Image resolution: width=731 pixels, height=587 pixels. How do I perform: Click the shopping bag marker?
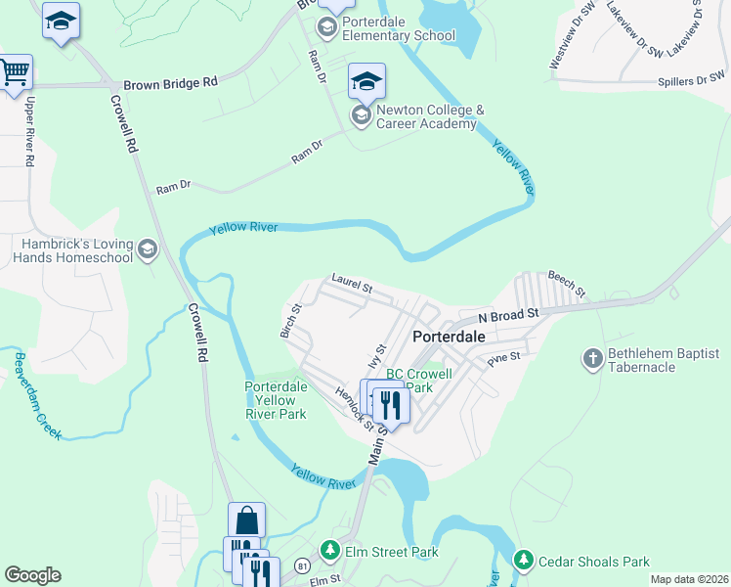(x=246, y=519)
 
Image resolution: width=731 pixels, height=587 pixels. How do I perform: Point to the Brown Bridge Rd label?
(x=169, y=85)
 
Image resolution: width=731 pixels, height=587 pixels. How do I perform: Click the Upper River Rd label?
(x=31, y=131)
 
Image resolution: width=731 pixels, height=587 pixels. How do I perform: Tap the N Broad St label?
(x=508, y=316)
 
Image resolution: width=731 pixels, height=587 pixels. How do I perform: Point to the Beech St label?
(x=566, y=285)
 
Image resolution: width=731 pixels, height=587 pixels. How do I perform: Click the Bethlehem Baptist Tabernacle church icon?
(x=592, y=359)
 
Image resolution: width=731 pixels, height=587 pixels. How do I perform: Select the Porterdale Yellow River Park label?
(x=276, y=400)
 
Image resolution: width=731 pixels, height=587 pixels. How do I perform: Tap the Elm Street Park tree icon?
(x=330, y=552)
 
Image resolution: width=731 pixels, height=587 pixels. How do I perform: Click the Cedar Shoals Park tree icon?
(x=525, y=562)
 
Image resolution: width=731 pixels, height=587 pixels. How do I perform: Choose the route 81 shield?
(x=309, y=565)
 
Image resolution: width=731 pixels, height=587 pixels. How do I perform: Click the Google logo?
(x=33, y=575)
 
